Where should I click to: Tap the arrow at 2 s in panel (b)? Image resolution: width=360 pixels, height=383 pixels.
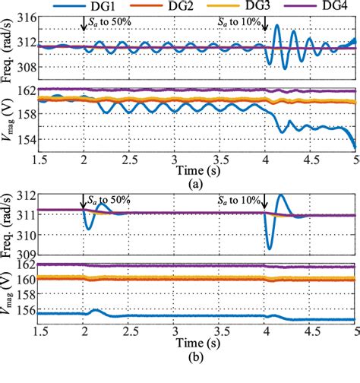(84, 203)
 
